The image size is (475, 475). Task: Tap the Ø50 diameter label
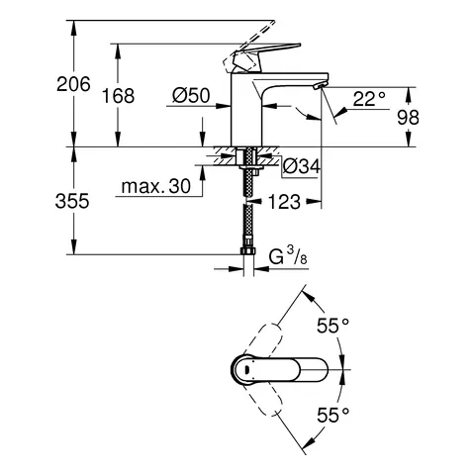190,96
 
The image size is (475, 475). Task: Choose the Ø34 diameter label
302,165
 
